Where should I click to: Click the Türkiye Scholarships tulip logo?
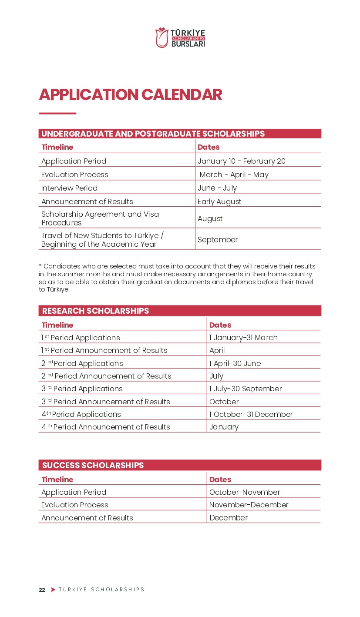pos(162,37)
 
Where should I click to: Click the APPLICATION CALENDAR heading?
pos(130,94)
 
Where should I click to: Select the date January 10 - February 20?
pos(241,161)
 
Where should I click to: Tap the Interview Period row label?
pos(69,188)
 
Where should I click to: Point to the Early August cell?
pos(219,201)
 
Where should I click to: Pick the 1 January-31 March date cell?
pos(243,338)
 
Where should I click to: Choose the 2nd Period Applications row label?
pos(82,363)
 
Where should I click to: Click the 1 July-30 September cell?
pos(245,389)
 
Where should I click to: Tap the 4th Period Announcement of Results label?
pos(105,427)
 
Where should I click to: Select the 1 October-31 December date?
pos(251,414)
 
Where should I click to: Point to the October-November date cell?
pos(244,492)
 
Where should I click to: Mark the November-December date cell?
pos(249,505)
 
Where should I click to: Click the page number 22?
pos(42,590)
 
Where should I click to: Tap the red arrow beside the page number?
pos(53,590)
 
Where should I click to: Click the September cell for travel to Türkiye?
pos(218,240)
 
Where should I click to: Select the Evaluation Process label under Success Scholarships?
pos(74,505)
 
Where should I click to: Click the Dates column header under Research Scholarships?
pos(220,325)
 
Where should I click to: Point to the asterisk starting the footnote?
pos(40,265)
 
